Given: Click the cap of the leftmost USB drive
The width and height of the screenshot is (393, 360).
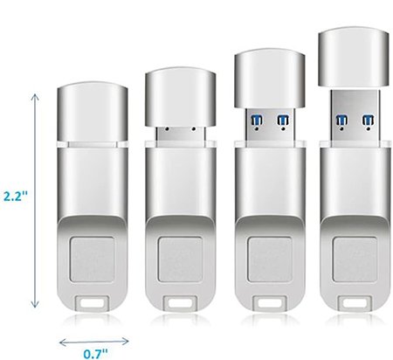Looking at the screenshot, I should [x=90, y=110].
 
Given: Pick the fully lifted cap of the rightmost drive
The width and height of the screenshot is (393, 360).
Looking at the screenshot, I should [x=353, y=54].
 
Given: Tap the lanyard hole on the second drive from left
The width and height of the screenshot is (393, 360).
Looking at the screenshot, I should [x=180, y=305].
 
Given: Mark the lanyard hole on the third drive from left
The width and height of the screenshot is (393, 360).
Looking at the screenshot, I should [x=268, y=305].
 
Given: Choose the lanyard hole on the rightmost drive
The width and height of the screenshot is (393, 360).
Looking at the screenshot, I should [x=353, y=305].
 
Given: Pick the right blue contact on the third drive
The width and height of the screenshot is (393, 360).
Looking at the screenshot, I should [x=282, y=118].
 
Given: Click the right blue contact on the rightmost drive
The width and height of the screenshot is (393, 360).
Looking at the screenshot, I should [x=367, y=118].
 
